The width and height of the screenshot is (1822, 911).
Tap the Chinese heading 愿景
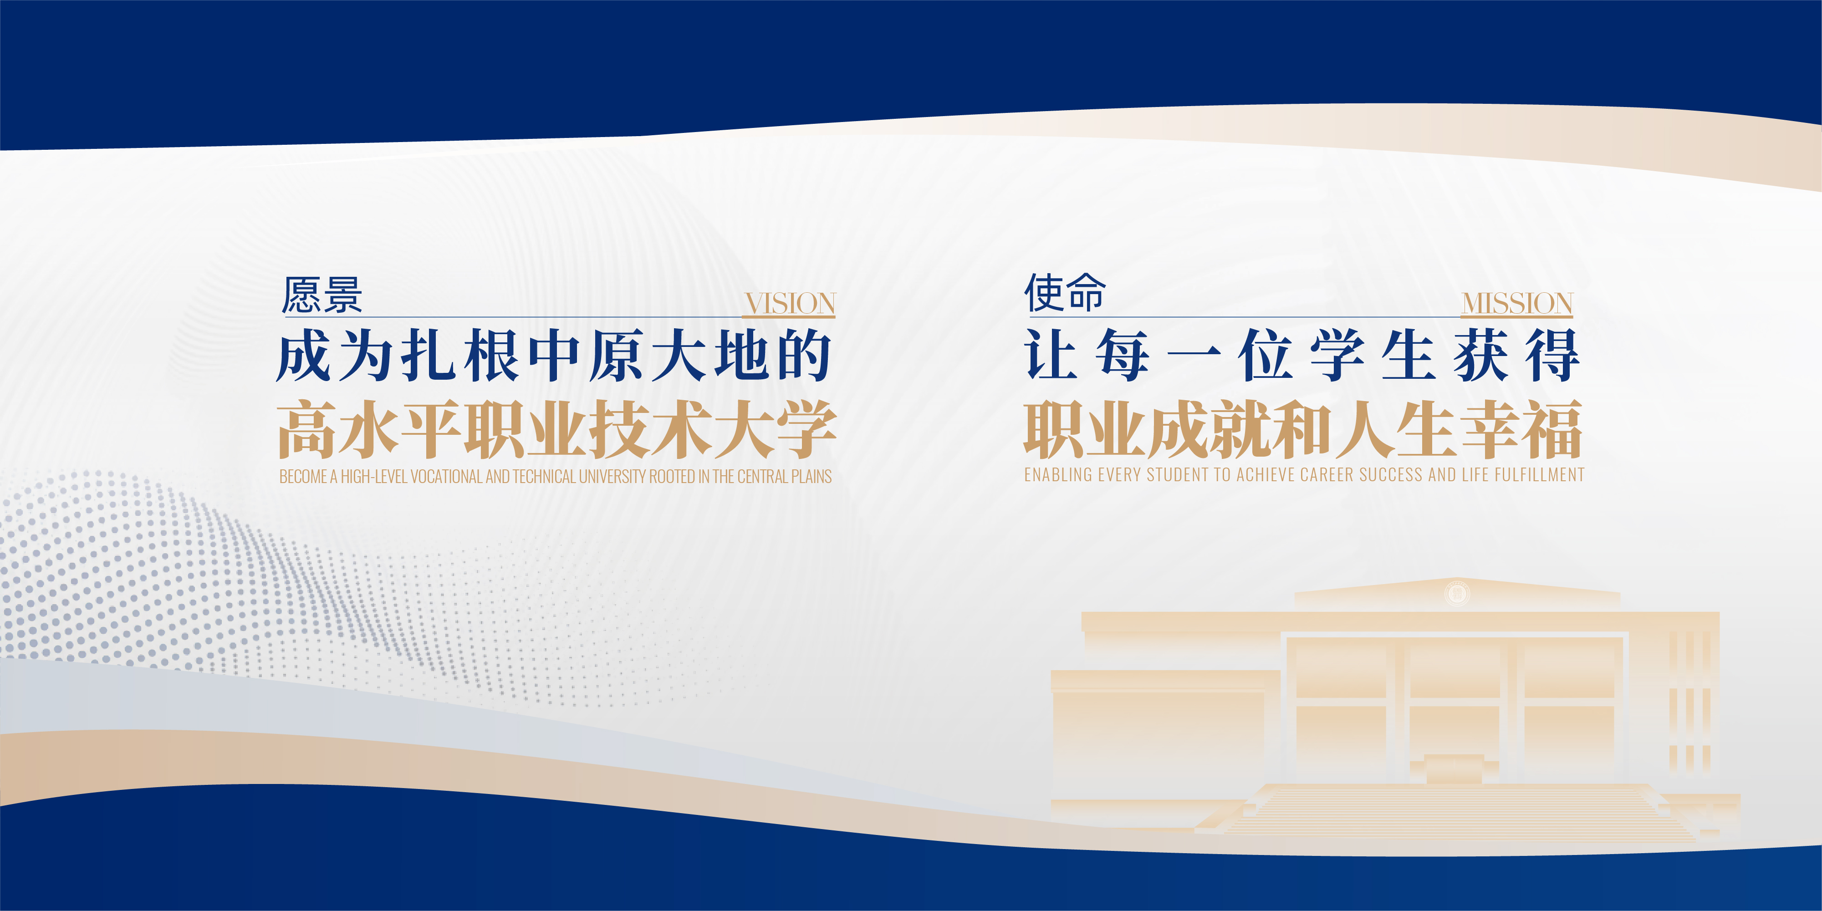(322, 295)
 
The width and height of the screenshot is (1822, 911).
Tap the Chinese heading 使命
(1065, 292)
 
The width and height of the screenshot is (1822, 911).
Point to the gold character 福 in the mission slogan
(1553, 428)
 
